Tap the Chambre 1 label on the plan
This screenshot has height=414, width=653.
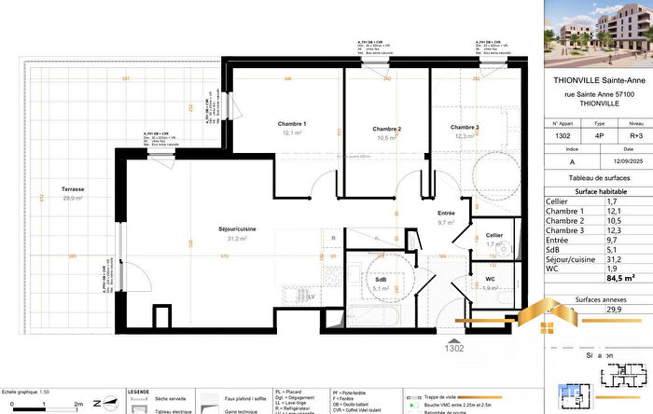(292, 124)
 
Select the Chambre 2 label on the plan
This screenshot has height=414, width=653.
(386, 129)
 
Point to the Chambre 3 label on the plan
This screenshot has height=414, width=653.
(464, 128)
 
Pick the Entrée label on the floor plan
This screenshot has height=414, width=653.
(446, 214)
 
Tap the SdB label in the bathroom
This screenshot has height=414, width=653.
(382, 278)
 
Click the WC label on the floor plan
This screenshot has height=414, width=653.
(490, 279)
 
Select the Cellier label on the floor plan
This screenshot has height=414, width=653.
(494, 235)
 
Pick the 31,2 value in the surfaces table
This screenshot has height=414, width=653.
(615, 258)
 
